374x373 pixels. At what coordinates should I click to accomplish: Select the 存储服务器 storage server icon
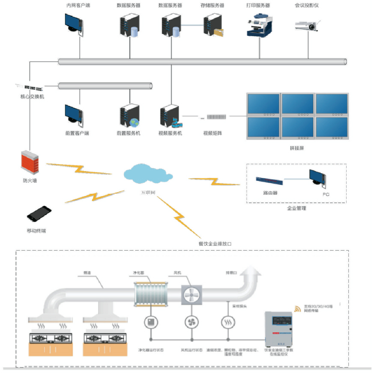[213, 25]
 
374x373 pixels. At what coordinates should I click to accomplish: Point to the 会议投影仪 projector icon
[307, 26]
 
